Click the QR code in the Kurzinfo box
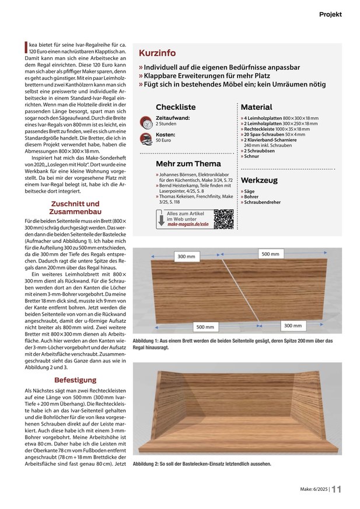(x=223, y=219)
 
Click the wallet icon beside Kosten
(x=145, y=139)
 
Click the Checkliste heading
(x=176, y=107)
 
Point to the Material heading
(x=256, y=107)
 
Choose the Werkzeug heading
(x=259, y=180)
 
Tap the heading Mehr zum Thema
(x=188, y=163)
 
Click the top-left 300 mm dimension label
(x=187, y=256)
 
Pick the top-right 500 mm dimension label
(x=270, y=254)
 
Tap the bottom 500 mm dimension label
(x=205, y=327)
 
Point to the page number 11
(x=337, y=490)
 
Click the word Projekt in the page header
(x=330, y=14)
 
